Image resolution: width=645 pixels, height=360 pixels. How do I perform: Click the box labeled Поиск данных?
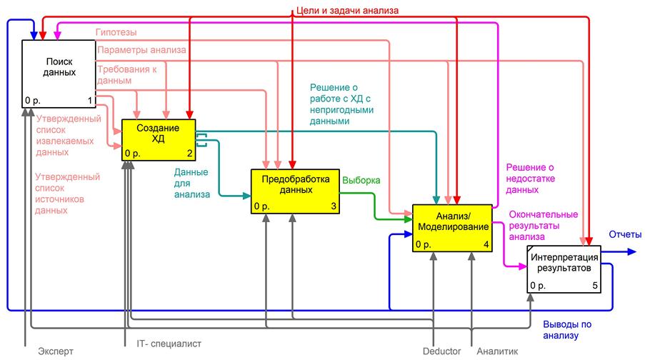(59, 74)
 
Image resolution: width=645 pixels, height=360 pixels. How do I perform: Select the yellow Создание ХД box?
(159, 140)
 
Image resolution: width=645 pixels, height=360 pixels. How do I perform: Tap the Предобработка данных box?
(295, 191)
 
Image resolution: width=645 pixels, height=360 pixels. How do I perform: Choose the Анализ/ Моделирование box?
(452, 228)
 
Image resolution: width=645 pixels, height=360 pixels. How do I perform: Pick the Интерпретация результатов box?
(564, 269)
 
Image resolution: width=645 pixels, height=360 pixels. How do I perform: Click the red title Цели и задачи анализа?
(347, 10)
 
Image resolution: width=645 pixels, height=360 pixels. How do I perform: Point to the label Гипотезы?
(116, 32)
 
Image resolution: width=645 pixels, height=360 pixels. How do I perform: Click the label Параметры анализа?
(141, 50)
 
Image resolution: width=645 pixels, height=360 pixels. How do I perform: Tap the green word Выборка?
(361, 180)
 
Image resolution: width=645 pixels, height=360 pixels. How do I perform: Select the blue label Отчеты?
(625, 234)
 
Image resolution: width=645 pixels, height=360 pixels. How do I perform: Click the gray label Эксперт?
(56, 351)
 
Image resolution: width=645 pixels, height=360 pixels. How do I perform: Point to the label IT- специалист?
(169, 344)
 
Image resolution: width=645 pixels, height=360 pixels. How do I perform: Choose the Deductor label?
(442, 351)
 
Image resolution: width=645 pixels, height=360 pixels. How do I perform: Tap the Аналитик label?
(497, 351)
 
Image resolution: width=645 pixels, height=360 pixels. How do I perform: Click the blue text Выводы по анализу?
(567, 329)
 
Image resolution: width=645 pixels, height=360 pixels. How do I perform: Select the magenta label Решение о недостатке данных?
(530, 179)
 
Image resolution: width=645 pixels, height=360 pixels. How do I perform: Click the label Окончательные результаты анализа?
(544, 226)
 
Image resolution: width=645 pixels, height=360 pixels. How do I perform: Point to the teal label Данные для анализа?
(191, 183)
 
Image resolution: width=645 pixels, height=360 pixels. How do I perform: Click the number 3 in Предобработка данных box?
(334, 206)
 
